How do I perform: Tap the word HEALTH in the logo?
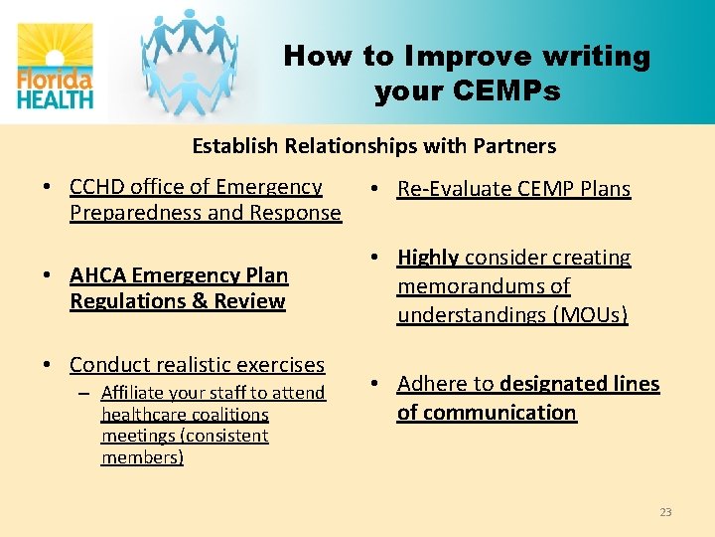pos(56,97)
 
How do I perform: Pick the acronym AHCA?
pos(98,275)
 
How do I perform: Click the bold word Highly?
pos(428,258)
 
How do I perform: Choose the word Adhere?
pos(434,384)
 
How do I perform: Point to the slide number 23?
pos(665,512)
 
